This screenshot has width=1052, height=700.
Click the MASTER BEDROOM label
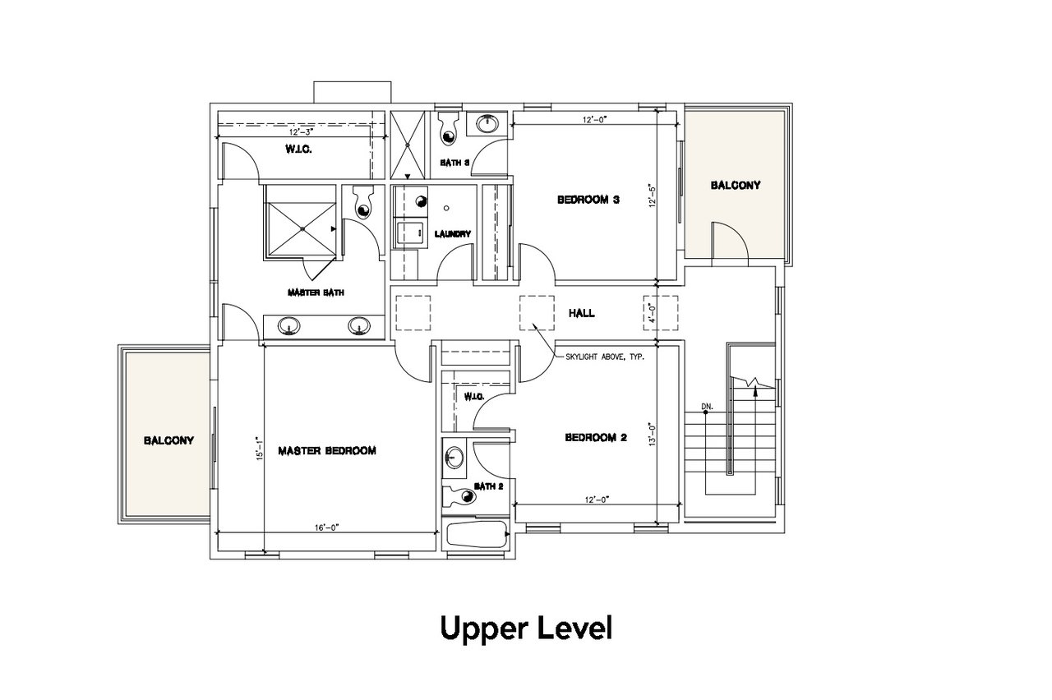click(x=327, y=451)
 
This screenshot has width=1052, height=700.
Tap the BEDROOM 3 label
click(x=588, y=200)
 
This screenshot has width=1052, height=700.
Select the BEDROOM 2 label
click(x=596, y=438)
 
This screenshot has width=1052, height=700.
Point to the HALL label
click(x=581, y=313)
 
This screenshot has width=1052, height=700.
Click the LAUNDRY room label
click(x=452, y=234)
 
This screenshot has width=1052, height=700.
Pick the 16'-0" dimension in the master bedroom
click(x=327, y=527)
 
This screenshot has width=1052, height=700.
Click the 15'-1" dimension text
click(x=259, y=449)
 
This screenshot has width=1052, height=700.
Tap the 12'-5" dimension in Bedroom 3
click(x=652, y=196)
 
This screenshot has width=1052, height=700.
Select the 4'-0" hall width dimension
click(x=652, y=313)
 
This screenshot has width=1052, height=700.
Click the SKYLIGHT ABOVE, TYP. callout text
click(x=605, y=357)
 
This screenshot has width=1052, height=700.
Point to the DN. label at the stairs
click(x=708, y=407)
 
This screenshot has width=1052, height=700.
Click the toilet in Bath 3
click(x=449, y=128)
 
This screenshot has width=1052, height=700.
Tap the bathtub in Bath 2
click(x=477, y=534)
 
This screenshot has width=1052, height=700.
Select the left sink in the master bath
click(x=288, y=326)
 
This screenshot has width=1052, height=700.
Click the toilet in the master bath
click(x=363, y=202)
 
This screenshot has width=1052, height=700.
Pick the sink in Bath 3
click(x=488, y=124)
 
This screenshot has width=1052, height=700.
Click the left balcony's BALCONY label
click(x=168, y=440)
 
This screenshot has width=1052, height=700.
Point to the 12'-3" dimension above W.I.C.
click(x=301, y=132)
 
